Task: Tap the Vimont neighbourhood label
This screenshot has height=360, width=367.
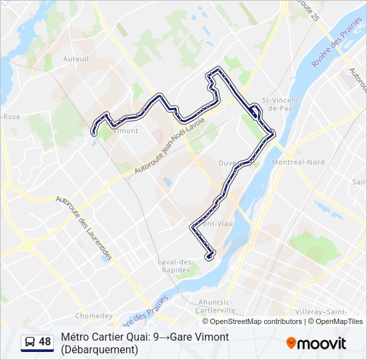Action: click(x=125, y=131)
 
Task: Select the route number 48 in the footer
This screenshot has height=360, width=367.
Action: click(x=45, y=342)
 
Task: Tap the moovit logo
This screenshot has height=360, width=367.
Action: click(x=316, y=343)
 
